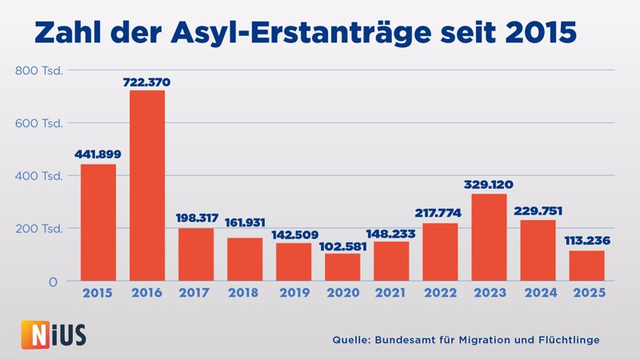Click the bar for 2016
(146, 185)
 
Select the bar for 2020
(342, 266)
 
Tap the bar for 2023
(489, 237)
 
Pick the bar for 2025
(587, 266)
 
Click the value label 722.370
(146, 82)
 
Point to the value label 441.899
(98, 154)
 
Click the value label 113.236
(587, 241)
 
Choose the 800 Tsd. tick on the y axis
(39, 70)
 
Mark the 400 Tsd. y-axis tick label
(39, 176)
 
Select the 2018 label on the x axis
(245, 294)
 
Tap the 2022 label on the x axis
(440, 294)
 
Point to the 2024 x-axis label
(538, 294)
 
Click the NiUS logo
(53, 334)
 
